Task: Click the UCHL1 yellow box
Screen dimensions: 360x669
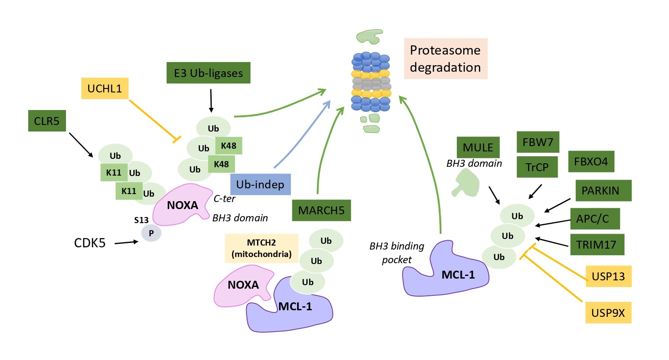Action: point(105,88)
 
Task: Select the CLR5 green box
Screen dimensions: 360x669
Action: point(47,121)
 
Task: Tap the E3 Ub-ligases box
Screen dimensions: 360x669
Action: point(208,73)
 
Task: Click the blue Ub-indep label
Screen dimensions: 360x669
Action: point(260,184)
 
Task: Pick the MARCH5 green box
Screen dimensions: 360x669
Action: point(321,210)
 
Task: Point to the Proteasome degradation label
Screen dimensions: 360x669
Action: point(445,59)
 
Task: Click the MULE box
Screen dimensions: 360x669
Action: point(478,147)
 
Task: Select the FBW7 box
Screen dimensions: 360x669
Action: point(537,142)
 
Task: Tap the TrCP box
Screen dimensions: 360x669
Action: point(537,167)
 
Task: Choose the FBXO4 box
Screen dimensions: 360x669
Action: point(591,162)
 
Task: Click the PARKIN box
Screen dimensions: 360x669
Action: point(603,191)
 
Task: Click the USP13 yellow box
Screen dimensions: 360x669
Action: point(608,276)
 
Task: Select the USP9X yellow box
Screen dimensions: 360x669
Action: point(608,312)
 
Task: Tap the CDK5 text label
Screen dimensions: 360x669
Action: point(90,243)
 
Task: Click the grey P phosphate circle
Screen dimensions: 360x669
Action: point(151,233)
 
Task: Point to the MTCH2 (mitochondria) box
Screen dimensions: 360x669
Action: point(261,248)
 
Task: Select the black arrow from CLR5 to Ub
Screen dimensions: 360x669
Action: point(81,145)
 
